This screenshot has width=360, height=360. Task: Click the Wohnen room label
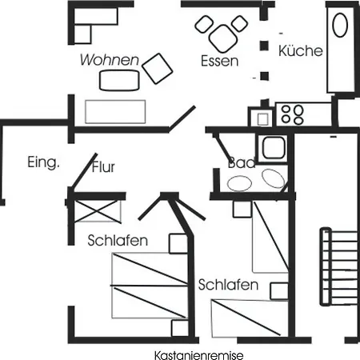tap(110, 60)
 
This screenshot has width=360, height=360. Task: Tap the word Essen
tap(219, 61)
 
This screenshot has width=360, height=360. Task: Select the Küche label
tap(301, 50)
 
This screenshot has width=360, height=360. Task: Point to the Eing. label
tap(43, 162)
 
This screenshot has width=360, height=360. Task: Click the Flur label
tap(103, 167)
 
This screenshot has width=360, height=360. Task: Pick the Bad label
tap(242, 163)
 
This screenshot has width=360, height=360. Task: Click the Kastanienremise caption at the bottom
tap(198, 355)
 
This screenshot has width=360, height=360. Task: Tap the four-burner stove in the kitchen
tap(293, 114)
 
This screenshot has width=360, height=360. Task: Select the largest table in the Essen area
tap(223, 38)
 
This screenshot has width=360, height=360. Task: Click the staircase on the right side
tap(338, 266)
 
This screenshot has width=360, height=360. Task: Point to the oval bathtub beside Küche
tap(340, 26)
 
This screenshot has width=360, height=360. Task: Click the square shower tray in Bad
tap(274, 148)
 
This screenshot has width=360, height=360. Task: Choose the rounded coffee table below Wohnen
tap(119, 80)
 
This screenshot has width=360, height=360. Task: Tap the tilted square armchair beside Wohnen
tap(158, 69)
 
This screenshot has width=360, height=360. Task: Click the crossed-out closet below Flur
tap(97, 210)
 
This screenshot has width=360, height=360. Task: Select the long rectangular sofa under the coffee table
tap(115, 112)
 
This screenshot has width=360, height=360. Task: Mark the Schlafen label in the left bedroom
tap(118, 241)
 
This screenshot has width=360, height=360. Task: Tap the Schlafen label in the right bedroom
tap(228, 285)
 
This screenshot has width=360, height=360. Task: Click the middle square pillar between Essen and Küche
tap(264, 46)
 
